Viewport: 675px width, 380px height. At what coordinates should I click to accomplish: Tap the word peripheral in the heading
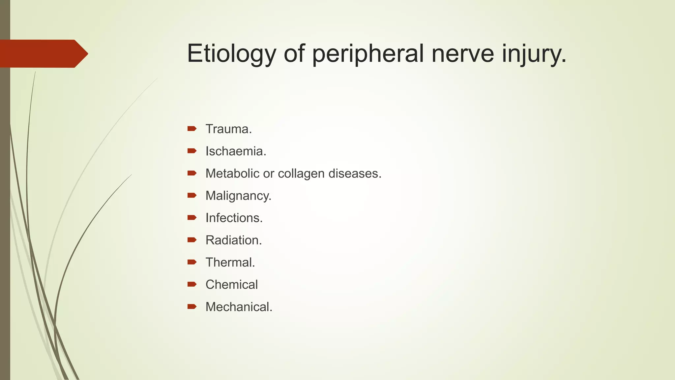(x=367, y=53)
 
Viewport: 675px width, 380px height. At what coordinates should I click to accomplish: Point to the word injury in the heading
(x=534, y=53)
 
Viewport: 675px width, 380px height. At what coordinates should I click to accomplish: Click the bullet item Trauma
(x=228, y=129)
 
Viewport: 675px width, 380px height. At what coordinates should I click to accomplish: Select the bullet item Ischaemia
(x=236, y=151)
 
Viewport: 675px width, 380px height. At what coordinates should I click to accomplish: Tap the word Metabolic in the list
(x=232, y=174)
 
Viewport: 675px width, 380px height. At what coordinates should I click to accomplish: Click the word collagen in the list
(x=301, y=174)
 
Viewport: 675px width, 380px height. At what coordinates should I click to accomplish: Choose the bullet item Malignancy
(x=238, y=196)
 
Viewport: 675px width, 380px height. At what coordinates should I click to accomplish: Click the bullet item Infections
(x=234, y=218)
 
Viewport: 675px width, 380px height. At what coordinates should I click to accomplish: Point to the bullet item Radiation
(x=233, y=240)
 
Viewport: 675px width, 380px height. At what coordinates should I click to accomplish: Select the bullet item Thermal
(x=230, y=263)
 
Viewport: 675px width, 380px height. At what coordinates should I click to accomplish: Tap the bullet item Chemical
(x=231, y=285)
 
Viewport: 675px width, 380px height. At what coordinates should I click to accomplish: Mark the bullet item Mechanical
(x=239, y=307)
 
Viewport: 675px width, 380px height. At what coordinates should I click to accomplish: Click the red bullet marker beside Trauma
(x=192, y=129)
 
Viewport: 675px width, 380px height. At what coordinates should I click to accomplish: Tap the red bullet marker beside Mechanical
(x=192, y=306)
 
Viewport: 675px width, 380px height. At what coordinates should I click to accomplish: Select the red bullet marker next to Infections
(x=192, y=218)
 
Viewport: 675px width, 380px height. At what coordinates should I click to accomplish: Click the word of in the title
(x=294, y=53)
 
